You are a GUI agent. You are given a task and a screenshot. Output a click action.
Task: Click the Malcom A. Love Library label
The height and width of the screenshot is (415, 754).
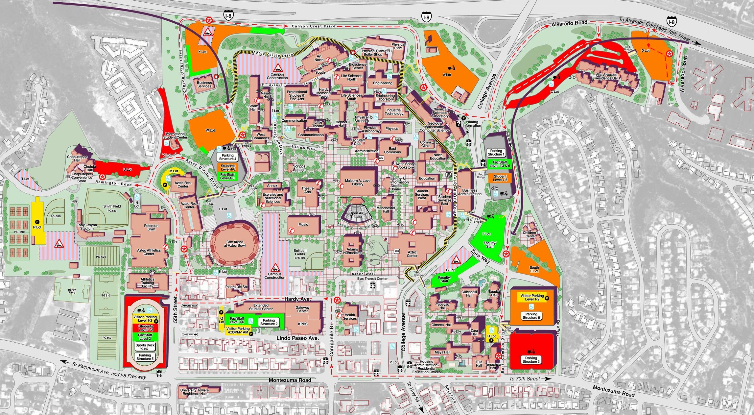(x=358, y=183)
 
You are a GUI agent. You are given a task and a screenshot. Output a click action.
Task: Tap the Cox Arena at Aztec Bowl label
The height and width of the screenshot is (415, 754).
(x=235, y=244)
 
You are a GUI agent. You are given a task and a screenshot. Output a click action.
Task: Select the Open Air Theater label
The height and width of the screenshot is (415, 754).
(x=356, y=215)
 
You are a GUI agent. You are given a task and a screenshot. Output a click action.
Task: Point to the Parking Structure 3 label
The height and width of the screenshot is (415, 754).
(x=531, y=360)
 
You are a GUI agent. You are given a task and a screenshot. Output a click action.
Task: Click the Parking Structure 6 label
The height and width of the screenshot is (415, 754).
(x=531, y=316)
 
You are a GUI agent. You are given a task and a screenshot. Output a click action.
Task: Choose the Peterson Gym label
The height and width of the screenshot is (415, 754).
(x=151, y=227)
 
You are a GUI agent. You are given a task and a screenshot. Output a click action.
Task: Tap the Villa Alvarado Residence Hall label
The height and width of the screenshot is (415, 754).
(x=607, y=76)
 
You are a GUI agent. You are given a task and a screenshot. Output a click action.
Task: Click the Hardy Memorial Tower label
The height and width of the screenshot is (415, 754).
(x=324, y=93)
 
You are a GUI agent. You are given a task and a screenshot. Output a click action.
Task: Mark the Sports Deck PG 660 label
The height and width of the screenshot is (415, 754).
(x=145, y=347)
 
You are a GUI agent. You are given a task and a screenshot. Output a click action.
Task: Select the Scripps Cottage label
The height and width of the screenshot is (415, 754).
(x=299, y=168)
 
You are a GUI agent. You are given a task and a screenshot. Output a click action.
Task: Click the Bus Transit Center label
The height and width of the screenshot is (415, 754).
(x=372, y=279)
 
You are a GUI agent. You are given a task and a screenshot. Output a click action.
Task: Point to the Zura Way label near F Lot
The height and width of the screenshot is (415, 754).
(x=480, y=256)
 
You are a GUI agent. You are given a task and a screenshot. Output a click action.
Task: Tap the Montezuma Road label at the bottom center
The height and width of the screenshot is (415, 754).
(x=290, y=380)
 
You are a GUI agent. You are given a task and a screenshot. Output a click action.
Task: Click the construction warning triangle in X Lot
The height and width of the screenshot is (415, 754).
(x=207, y=32)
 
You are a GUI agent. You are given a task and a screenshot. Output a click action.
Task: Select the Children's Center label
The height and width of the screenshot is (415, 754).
(x=530, y=234)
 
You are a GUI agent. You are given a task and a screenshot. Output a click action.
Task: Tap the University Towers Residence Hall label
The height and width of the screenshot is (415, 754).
(x=195, y=392)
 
